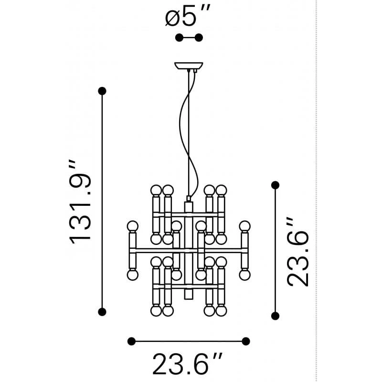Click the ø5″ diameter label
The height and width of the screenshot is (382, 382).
point(187,16)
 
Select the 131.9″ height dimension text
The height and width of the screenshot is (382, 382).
point(80,202)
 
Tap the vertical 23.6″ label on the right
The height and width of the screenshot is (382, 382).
point(297,252)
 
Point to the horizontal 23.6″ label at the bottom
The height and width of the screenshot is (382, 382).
point(187,363)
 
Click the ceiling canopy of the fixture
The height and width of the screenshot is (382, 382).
point(189,66)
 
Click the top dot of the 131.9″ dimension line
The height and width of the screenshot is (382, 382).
point(102,91)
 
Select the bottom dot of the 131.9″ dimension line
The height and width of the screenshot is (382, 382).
point(102,312)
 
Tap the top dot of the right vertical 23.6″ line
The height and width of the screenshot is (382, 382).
point(276,185)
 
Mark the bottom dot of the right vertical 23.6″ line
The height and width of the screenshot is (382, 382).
point(276,316)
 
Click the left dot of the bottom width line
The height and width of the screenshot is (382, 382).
point(132,341)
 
